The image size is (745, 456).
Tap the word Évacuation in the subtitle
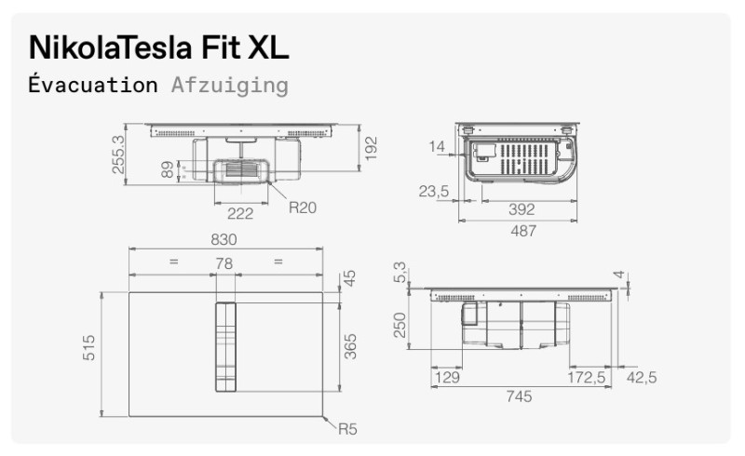click(x=93, y=86)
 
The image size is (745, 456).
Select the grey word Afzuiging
click(x=229, y=86)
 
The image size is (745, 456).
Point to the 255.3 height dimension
click(x=118, y=153)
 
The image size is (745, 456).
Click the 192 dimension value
click(x=372, y=148)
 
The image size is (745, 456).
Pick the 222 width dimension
click(x=240, y=213)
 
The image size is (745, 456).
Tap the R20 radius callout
click(x=302, y=208)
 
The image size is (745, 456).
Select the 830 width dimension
click(x=223, y=239)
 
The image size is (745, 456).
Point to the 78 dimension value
click(x=223, y=264)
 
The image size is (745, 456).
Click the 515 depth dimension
click(x=89, y=353)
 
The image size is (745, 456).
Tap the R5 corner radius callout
click(x=347, y=429)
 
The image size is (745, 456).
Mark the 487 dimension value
click(x=522, y=231)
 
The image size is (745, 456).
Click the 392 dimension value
click(x=521, y=210)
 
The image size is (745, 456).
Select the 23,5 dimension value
click(x=434, y=193)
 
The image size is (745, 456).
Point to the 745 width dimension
click(x=519, y=397)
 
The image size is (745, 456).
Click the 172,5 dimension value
click(x=588, y=377)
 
